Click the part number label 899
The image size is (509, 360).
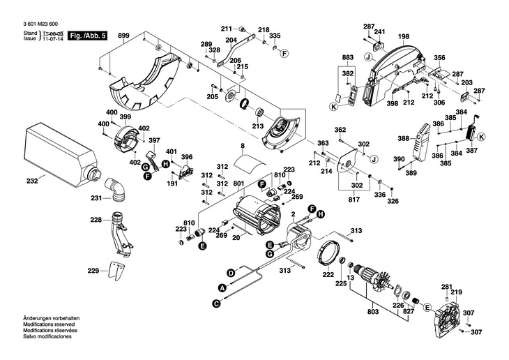click(x=123, y=36)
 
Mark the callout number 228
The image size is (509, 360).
click(x=96, y=220)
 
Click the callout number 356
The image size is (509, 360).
click(x=439, y=57)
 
